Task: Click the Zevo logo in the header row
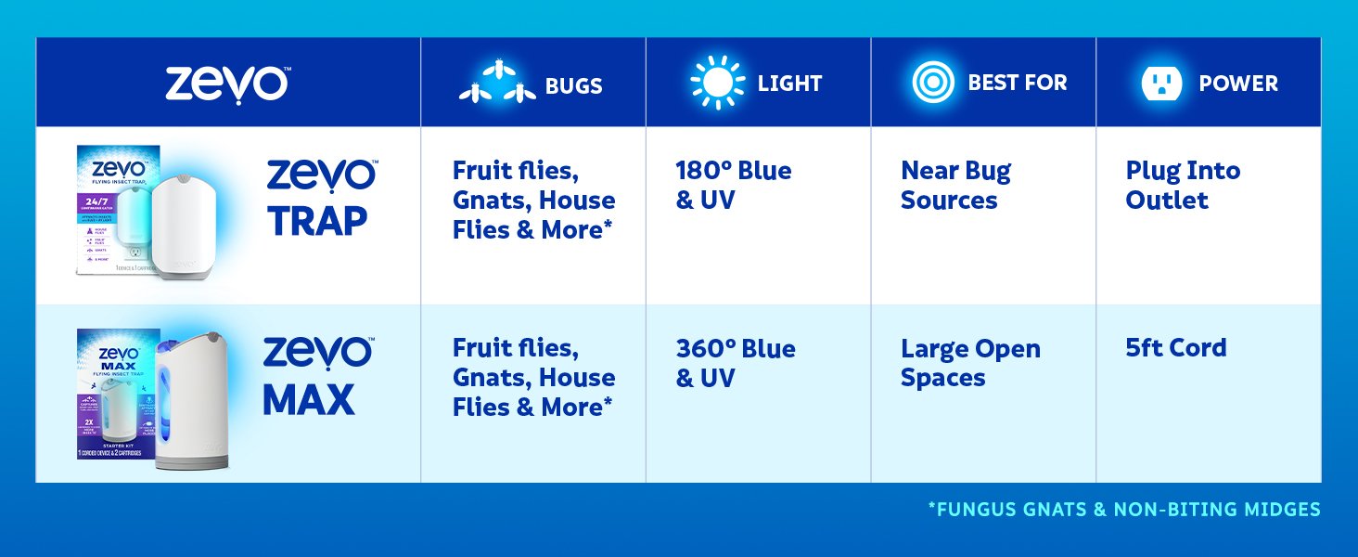[x=227, y=84]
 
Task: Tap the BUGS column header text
[x=573, y=85]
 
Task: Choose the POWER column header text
[x=1237, y=84]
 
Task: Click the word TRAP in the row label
[x=317, y=221]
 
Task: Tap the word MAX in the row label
[x=309, y=399]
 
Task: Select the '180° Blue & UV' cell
[x=734, y=186]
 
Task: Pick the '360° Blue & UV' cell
[x=736, y=363]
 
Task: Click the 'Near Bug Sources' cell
[x=955, y=186]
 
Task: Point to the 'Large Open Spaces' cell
[x=970, y=363]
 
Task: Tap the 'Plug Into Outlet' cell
[x=1183, y=186]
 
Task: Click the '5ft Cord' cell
[x=1175, y=348]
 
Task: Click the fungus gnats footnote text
[x=1123, y=509]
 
